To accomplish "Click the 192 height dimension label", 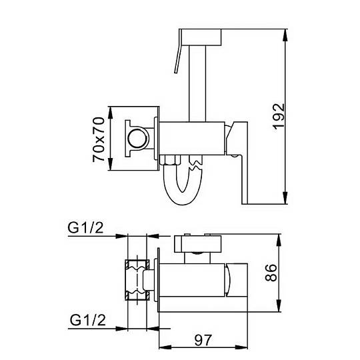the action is click(279, 117).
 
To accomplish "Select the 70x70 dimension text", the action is click(99, 139).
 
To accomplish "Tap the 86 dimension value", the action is click(271, 273).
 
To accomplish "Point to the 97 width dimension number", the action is click(203, 340).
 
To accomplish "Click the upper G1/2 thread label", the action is click(85, 228).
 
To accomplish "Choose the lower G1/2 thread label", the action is click(88, 320).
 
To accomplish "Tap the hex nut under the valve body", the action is click(170, 160).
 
